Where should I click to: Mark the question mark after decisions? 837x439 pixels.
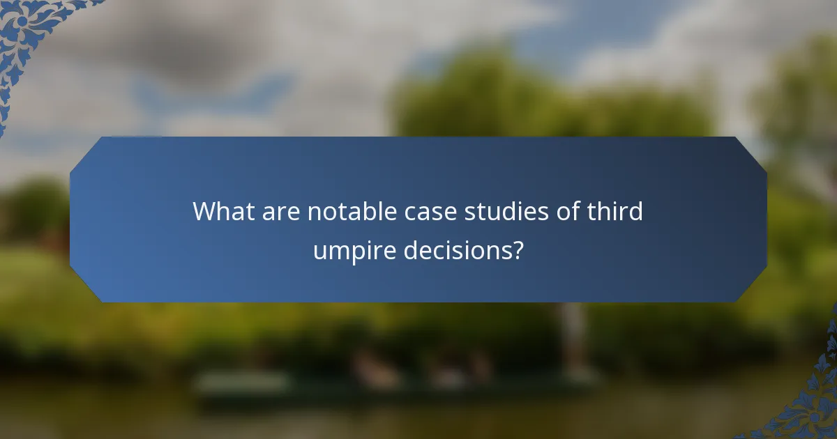(x=517, y=249)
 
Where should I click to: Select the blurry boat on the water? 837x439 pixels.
(x=391, y=380)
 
